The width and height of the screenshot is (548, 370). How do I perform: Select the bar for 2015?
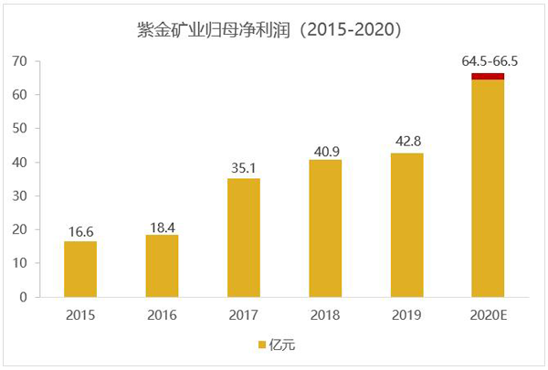[80, 269]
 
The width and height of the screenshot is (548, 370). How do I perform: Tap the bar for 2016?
[162, 266]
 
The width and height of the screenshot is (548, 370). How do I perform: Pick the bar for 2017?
[243, 238]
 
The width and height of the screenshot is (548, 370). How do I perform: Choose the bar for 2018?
[325, 228]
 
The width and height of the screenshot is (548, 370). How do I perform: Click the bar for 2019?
[406, 225]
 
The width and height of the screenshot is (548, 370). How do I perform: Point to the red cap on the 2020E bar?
[489, 76]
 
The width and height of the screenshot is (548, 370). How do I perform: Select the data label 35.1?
[243, 167]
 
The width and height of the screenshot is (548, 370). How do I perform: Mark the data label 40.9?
[325, 148]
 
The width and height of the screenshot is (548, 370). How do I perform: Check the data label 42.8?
[406, 142]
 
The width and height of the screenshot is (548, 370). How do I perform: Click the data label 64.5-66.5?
[489, 61]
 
